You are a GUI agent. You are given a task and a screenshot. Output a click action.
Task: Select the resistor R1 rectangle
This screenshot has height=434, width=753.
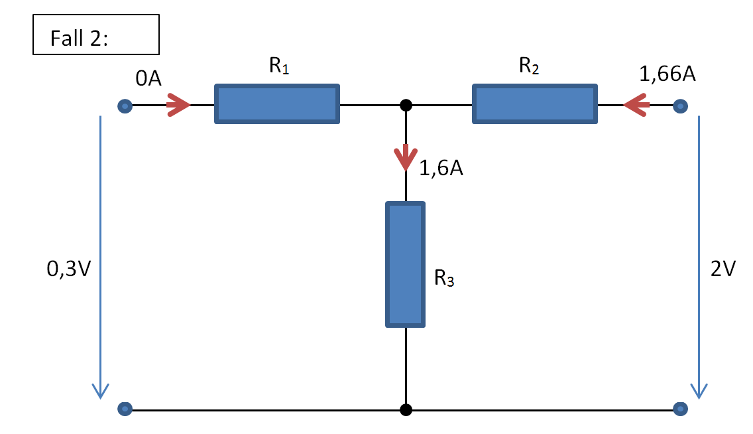click(277, 104)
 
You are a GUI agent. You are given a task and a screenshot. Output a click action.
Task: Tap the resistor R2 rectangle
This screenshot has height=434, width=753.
click(534, 104)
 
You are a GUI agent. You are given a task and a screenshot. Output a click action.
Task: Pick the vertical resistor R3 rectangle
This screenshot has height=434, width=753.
click(405, 264)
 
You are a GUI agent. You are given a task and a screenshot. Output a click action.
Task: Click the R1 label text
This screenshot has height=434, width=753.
click(279, 66)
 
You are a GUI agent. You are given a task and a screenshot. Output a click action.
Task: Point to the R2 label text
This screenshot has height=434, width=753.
click(530, 66)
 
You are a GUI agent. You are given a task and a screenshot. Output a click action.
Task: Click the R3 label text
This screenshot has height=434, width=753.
click(444, 279)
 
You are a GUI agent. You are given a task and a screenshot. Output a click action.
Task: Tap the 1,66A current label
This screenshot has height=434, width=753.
click(667, 74)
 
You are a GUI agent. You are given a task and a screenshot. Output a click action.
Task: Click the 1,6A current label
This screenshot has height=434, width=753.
click(441, 169)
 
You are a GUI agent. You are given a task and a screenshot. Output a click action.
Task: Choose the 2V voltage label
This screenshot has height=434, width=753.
click(723, 269)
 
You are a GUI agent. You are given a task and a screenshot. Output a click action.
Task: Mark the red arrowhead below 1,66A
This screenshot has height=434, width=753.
click(636, 105)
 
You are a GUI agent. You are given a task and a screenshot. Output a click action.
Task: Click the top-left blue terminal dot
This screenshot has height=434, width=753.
click(125, 106)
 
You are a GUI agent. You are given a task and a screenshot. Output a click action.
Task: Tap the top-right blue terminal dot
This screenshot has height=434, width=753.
click(680, 106)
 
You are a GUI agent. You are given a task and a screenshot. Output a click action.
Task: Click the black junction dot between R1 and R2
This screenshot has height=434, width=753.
click(406, 105)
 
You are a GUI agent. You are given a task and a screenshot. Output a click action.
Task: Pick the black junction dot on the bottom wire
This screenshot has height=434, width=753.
click(406, 409)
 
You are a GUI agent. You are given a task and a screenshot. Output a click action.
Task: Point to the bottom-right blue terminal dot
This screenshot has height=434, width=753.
click(680, 409)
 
